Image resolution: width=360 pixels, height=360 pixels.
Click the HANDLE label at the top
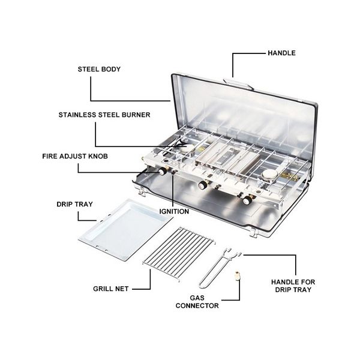coord(281,53)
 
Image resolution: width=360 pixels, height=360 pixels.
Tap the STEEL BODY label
coord(99,69)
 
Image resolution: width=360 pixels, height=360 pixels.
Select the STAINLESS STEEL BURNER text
coord(104,115)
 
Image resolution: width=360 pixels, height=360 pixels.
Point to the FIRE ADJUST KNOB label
coord(75,157)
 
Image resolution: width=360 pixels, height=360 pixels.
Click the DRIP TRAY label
coord(74,204)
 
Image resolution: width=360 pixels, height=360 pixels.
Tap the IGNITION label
coord(174,211)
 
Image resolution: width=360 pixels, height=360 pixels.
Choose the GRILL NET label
coord(111,289)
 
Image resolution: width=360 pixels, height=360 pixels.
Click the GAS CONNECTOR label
coord(197,302)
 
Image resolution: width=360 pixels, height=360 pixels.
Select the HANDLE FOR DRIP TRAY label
coord(293,286)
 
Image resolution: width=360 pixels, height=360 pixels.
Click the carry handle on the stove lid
coord(238,84)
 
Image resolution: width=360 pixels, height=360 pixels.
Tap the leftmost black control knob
coord(163,171)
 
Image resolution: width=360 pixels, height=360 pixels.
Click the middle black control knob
coord(203,185)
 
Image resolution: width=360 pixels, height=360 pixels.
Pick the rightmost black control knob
coord(247,200)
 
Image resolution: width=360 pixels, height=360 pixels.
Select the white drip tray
coord(125,230)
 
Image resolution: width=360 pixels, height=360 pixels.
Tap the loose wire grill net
coord(179,253)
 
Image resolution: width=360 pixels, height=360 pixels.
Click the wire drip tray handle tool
coord(219,268)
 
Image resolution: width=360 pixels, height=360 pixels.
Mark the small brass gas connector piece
coord(238,275)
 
